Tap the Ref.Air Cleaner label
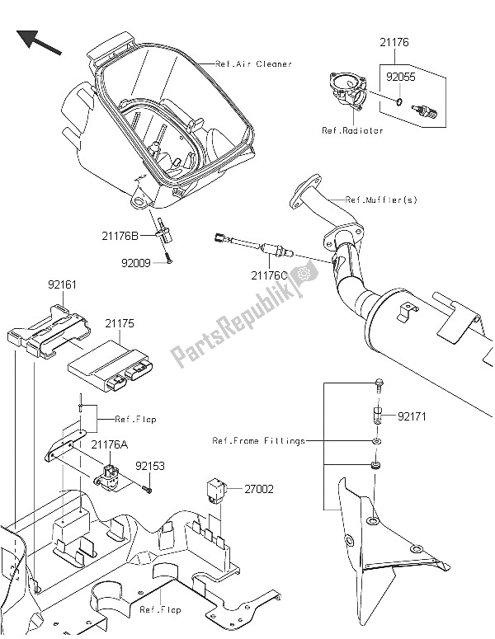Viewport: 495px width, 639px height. pyautogui.click(x=253, y=63)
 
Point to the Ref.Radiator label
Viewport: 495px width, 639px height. pyautogui.click(x=352, y=131)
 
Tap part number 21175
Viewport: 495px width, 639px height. pyautogui.click(x=119, y=325)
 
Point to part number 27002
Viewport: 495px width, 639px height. pyautogui.click(x=258, y=489)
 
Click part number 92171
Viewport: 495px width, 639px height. pyautogui.click(x=414, y=417)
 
